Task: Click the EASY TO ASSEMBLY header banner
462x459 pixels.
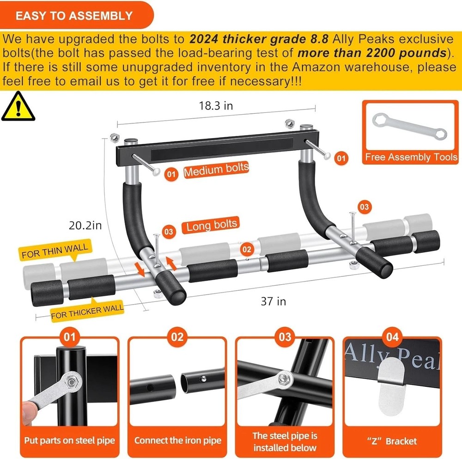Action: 74,15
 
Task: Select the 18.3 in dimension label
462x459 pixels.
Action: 215,106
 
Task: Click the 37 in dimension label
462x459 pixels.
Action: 274,301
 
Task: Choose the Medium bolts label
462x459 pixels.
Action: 216,171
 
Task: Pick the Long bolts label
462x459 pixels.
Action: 212,226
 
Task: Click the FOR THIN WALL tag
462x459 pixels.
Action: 55,250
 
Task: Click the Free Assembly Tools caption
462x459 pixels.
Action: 410,157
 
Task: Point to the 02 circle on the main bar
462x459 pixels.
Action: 247,250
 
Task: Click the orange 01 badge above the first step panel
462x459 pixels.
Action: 69,337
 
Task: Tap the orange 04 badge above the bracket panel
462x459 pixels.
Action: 392,337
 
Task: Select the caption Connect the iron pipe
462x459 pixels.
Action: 177,441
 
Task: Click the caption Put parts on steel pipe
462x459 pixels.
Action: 69,441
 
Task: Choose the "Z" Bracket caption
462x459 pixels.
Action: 392,441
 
